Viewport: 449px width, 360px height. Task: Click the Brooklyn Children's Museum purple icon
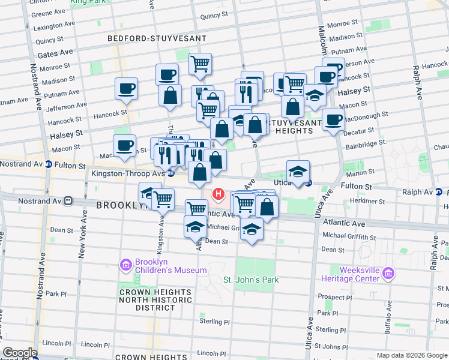(125, 265)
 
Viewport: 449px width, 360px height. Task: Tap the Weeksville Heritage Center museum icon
(389, 275)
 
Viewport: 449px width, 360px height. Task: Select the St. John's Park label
(251, 280)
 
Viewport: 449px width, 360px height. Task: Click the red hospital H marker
(218, 195)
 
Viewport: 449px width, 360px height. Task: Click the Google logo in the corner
(20, 353)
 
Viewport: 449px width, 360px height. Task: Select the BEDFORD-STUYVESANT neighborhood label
(157, 38)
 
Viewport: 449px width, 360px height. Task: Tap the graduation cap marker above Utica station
(298, 171)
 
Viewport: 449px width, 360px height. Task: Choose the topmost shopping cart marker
(200, 63)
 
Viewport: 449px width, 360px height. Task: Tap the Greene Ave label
(48, 13)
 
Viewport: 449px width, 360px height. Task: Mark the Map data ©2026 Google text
(411, 355)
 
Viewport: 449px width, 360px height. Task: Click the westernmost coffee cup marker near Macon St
(124, 146)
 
